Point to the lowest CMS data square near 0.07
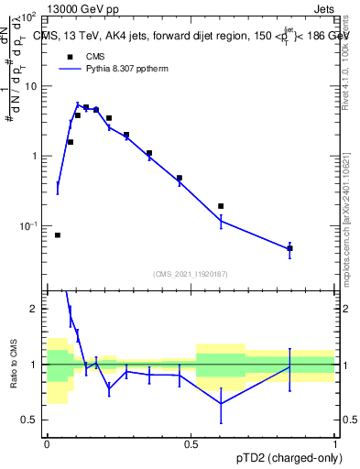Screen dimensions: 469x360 click(x=58, y=235)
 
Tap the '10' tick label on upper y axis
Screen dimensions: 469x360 click(x=30, y=86)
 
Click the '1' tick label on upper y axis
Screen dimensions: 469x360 click(x=34, y=156)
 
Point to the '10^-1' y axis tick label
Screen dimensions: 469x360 click(x=28, y=225)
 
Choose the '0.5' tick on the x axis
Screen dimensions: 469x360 click(x=191, y=444)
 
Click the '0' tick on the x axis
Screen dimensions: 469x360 click(x=47, y=444)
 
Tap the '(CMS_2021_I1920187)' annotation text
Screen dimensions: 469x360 click(x=191, y=273)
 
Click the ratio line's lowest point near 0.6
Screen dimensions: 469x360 click(x=221, y=403)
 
